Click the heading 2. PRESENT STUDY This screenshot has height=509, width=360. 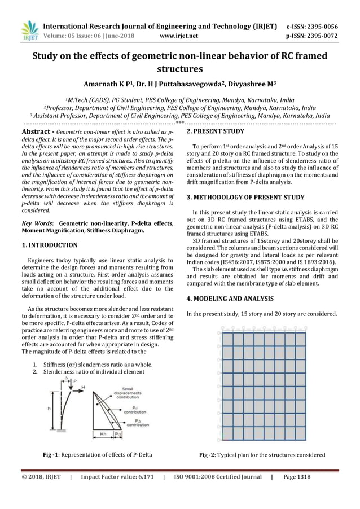[215, 131]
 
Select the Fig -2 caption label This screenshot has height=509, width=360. [208, 455]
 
